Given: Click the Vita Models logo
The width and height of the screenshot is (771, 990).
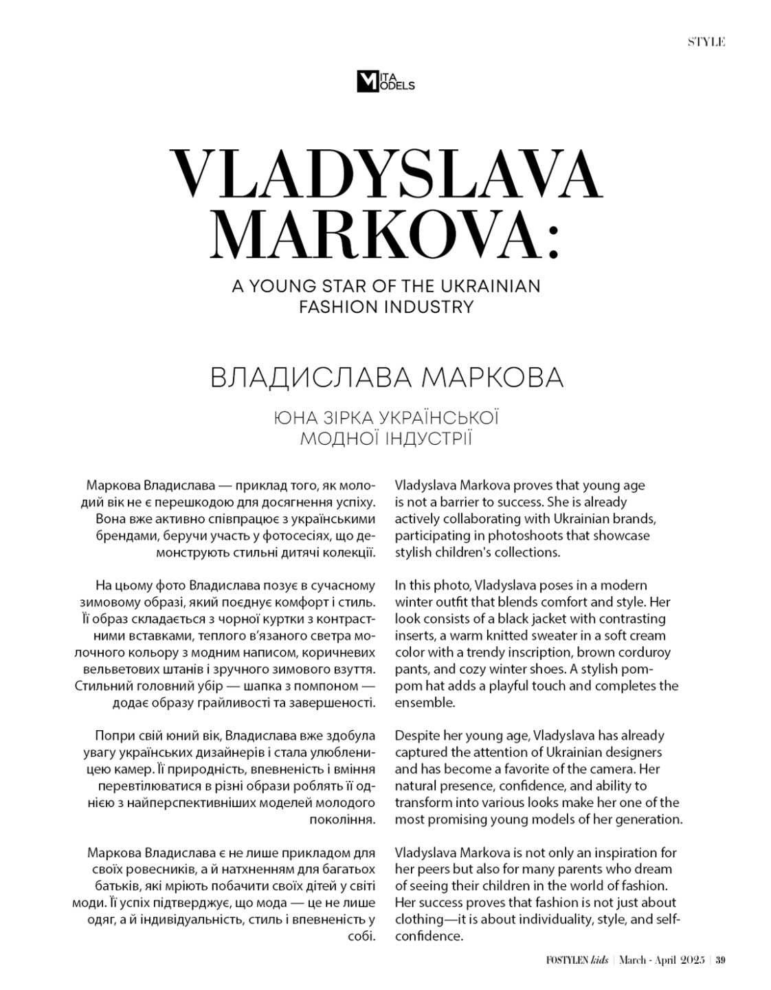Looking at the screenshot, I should click(385, 82).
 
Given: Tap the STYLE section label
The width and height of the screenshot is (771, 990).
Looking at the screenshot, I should click(706, 42).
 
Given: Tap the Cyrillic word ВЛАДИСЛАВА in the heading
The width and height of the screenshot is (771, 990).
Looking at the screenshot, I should click(306, 378).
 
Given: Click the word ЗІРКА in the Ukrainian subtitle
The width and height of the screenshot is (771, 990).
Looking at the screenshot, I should click(348, 417).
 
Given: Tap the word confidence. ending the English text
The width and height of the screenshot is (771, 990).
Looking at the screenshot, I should click(429, 936).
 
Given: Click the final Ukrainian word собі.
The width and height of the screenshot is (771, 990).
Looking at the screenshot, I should click(362, 936).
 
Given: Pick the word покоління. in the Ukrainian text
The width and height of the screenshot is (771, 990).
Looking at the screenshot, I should click(344, 819).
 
